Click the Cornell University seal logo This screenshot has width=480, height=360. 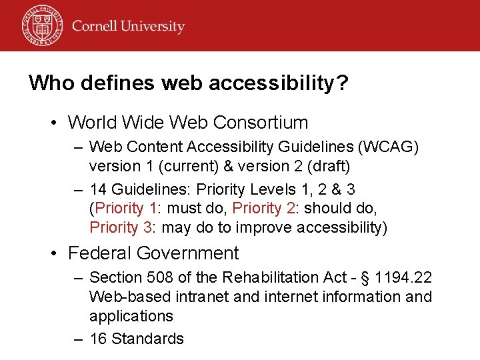[42, 25]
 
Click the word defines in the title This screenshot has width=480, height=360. [106, 83]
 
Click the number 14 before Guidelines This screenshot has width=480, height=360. [98, 189]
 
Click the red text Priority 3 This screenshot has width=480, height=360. [121, 227]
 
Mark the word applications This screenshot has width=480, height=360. [131, 316]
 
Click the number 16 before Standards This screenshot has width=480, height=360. [98, 339]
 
